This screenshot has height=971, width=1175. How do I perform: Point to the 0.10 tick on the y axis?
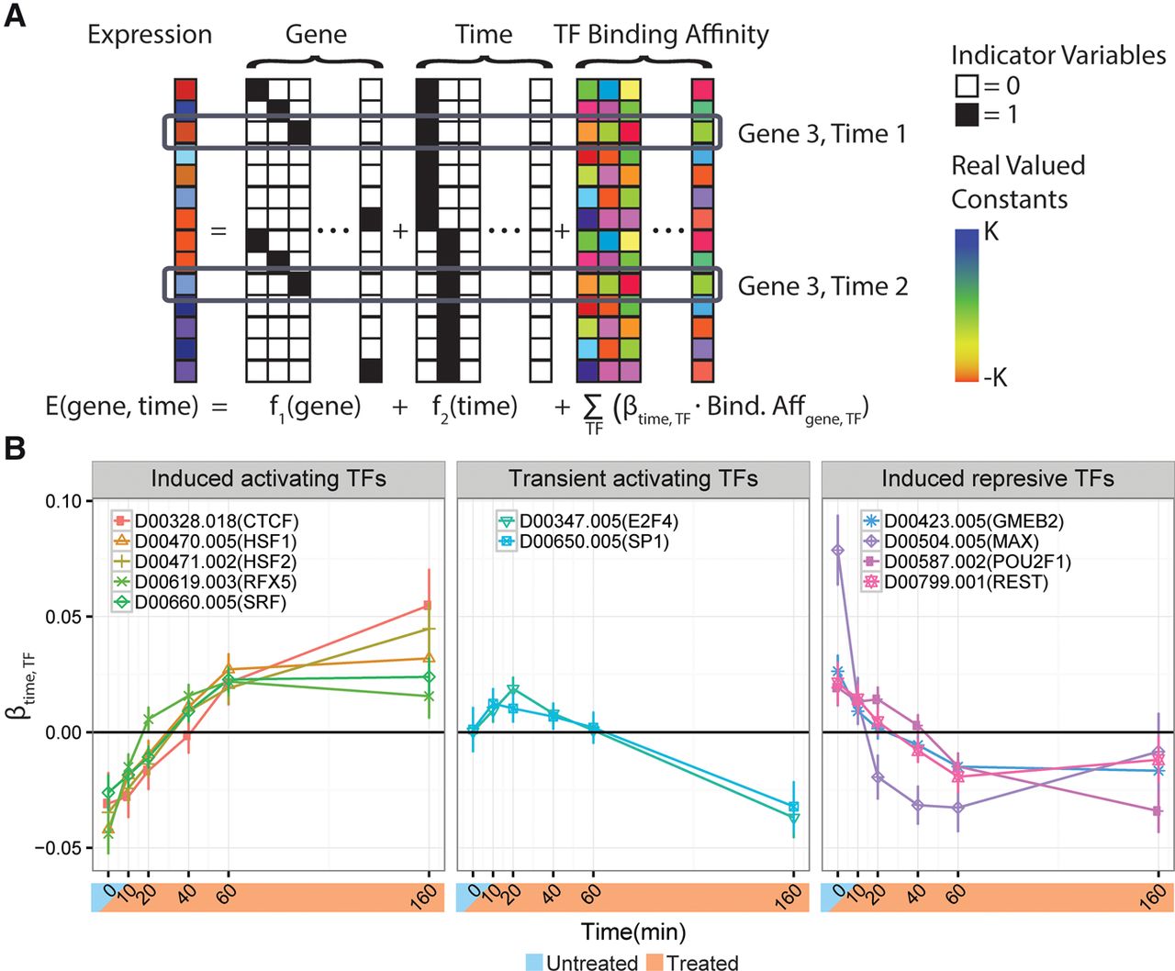tap(62, 501)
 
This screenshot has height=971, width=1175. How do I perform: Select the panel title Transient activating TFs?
tap(633, 479)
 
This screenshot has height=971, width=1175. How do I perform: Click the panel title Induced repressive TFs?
tap(998, 479)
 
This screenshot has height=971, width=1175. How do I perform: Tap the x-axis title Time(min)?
tap(633, 932)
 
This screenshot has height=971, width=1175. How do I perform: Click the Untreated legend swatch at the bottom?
tap(534, 962)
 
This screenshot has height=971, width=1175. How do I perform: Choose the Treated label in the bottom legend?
tap(702, 962)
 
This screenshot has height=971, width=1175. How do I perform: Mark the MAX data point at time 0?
tap(837, 551)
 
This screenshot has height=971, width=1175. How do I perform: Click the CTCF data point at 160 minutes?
tap(427, 606)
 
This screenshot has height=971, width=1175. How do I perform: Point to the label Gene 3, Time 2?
tap(822, 286)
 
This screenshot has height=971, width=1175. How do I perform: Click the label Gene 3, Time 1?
tap(822, 134)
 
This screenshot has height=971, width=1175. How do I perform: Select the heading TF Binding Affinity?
tap(661, 35)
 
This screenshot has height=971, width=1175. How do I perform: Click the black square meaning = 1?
tap(967, 115)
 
